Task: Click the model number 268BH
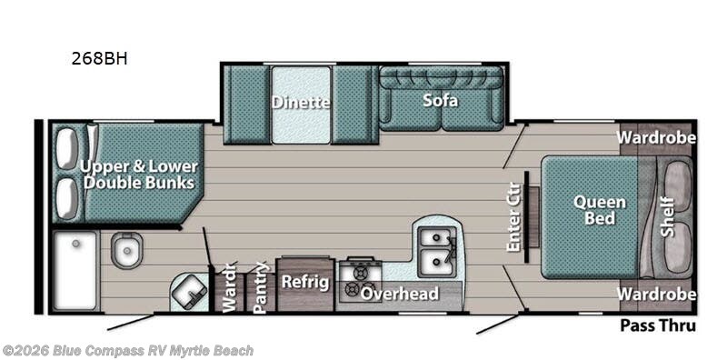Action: [99, 59]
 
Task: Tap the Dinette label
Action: [301, 102]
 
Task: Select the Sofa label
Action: [440, 100]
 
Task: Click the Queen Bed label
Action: [600, 210]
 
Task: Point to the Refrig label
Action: [305, 282]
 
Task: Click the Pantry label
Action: [261, 287]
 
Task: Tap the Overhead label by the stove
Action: [400, 294]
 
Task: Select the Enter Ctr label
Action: [513, 217]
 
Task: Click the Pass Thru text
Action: [658, 325]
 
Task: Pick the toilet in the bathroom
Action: [126, 250]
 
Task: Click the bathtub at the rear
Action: [75, 271]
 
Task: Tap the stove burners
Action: [360, 281]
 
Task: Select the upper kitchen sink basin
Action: [434, 238]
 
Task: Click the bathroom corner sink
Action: [189, 292]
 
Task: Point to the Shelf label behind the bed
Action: [667, 216]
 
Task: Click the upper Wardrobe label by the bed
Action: [656, 138]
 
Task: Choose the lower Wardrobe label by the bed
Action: [656, 295]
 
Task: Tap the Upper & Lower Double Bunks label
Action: [139, 175]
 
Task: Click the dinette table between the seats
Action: [301, 105]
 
